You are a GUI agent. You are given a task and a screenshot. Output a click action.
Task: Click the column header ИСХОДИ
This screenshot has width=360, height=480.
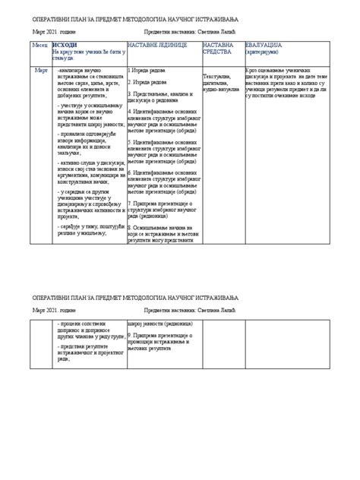pos(65,46)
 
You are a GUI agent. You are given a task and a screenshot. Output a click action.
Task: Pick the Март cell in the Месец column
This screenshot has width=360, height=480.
pos(42,70)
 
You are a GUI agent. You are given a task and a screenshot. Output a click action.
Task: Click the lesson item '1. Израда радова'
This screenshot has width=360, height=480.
pos(150,70)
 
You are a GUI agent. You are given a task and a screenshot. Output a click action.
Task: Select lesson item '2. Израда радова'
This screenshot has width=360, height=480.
pos(150,81)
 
